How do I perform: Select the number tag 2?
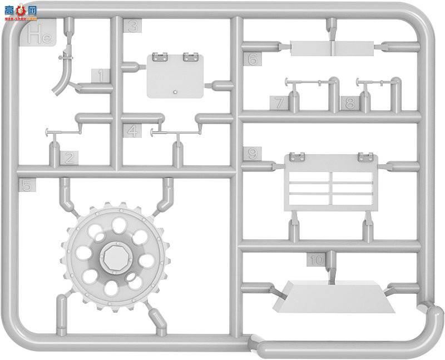click(68, 157)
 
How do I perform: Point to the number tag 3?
click(132, 26)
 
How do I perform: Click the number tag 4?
click(132, 131)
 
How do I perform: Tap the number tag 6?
click(252, 58)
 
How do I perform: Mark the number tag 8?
click(349, 103)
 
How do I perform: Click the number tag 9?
click(251, 154)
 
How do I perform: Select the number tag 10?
click(317, 260)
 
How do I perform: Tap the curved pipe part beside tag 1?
click(66, 75)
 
